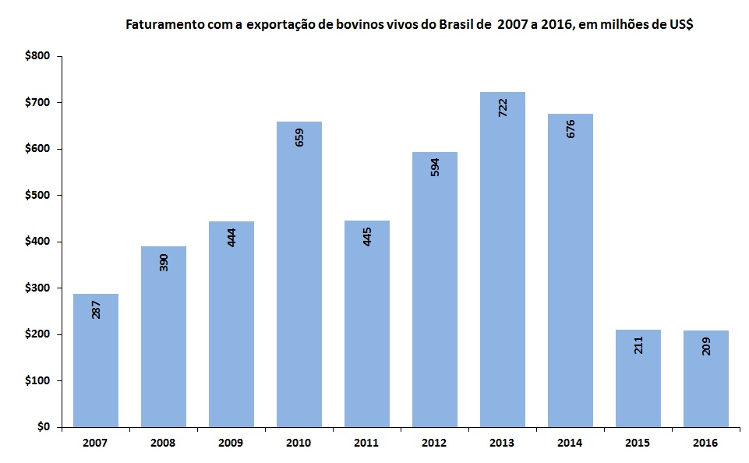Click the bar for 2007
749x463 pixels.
96,360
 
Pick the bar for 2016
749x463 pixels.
706,379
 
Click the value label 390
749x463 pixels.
163,263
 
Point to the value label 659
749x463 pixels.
299,137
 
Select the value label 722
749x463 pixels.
503,108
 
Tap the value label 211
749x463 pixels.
638,345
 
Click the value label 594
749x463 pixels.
435,167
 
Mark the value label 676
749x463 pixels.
571,129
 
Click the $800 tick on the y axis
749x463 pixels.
37,56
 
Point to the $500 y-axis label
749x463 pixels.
37,195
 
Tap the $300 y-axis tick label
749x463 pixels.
37,288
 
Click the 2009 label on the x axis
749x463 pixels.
231,443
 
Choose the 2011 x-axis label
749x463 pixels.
367,443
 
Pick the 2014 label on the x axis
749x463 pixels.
571,443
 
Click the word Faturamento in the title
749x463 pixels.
163,25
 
